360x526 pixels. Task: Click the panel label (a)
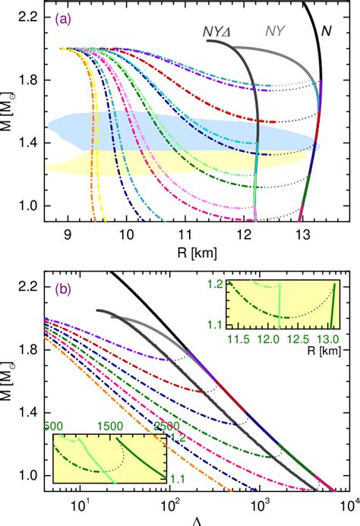coord(63,20)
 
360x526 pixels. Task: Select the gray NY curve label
coord(275,31)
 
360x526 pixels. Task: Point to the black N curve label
coord(327,31)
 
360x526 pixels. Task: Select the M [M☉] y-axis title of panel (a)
coord(10,111)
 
